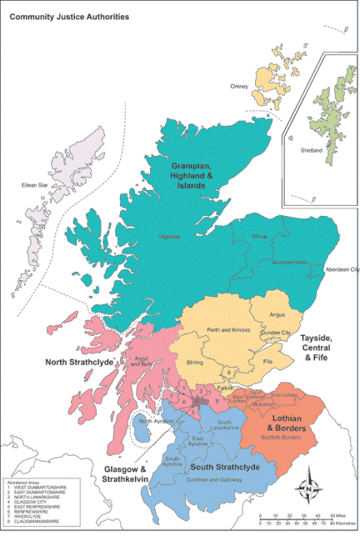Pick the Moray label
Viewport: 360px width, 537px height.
[x=259, y=238]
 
